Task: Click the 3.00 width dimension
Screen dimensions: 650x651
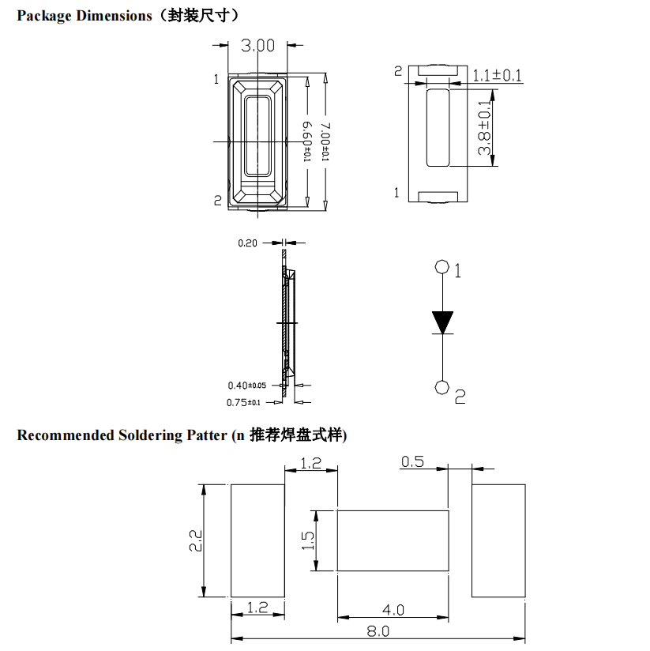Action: coord(257,45)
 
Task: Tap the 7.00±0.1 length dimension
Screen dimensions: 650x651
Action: coord(326,141)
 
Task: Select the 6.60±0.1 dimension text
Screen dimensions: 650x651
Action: coord(307,141)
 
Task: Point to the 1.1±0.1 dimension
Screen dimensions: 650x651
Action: coord(498,76)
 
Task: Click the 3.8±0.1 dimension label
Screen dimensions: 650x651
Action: coord(484,128)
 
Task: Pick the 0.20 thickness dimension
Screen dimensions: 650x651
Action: coord(247,243)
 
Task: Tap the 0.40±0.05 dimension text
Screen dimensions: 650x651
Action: coord(247,386)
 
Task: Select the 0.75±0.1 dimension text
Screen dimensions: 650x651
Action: coord(243,403)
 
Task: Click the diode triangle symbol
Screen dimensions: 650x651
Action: coord(442,322)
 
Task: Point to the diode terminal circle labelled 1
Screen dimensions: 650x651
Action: coord(442,266)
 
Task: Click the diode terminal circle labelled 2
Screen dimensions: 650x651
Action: coord(442,387)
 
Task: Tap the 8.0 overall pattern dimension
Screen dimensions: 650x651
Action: coord(378,631)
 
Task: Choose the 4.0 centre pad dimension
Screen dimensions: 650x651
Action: coord(393,610)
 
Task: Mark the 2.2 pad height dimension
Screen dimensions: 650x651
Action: coord(196,540)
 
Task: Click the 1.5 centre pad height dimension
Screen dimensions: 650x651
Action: coord(307,540)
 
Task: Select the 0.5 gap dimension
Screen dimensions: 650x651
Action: coord(412,461)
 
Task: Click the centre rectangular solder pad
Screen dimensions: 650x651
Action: coord(393,540)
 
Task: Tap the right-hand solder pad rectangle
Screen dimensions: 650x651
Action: coord(498,540)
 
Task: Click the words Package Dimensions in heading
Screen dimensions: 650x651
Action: coord(85,16)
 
